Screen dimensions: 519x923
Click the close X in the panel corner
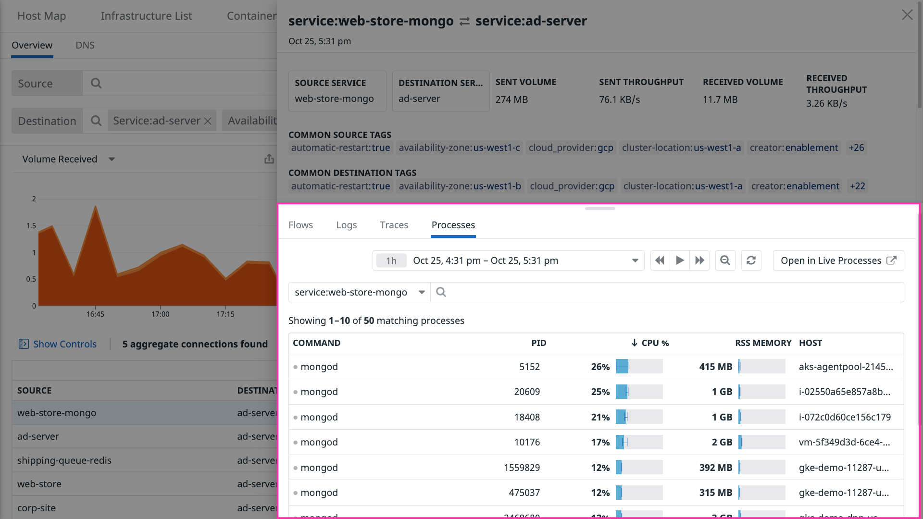(907, 15)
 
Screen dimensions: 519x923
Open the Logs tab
(346, 225)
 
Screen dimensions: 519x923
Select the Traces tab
(394, 225)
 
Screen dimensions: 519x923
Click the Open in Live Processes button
(838, 260)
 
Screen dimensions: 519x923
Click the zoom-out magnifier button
(725, 260)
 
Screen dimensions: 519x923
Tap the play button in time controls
(680, 260)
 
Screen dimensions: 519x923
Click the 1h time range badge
(391, 260)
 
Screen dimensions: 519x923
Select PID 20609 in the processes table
(527, 392)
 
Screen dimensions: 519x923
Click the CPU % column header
(650, 343)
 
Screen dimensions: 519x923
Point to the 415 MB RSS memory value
(715, 367)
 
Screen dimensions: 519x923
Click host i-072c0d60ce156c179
(845, 417)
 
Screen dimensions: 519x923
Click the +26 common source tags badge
(856, 148)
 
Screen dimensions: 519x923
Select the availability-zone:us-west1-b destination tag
(460, 186)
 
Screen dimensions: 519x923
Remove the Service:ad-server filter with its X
(208, 121)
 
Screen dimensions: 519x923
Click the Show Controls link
(64, 344)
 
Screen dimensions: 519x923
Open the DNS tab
(85, 45)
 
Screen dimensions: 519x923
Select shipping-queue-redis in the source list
(64, 460)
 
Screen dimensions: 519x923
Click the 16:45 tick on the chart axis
(95, 314)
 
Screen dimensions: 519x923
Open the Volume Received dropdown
(68, 159)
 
